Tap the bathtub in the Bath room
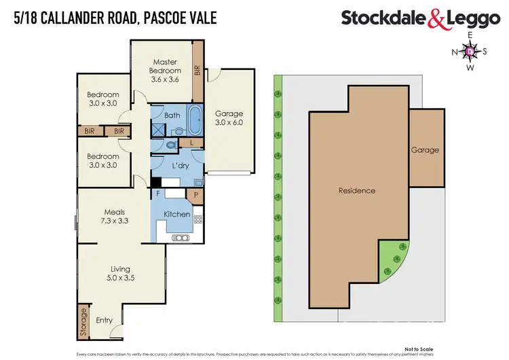tap(194, 120)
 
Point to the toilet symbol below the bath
tap(171, 145)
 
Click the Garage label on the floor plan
tap(229, 118)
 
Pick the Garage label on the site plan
tap(424, 150)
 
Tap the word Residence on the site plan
tap(356, 191)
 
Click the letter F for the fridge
tap(158, 194)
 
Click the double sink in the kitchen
tap(181, 237)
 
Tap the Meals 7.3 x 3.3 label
tap(113, 216)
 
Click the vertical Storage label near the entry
tap(84, 323)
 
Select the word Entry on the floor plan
tap(105, 321)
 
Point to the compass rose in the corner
tap(470, 50)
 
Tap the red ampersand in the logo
tap(436, 20)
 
